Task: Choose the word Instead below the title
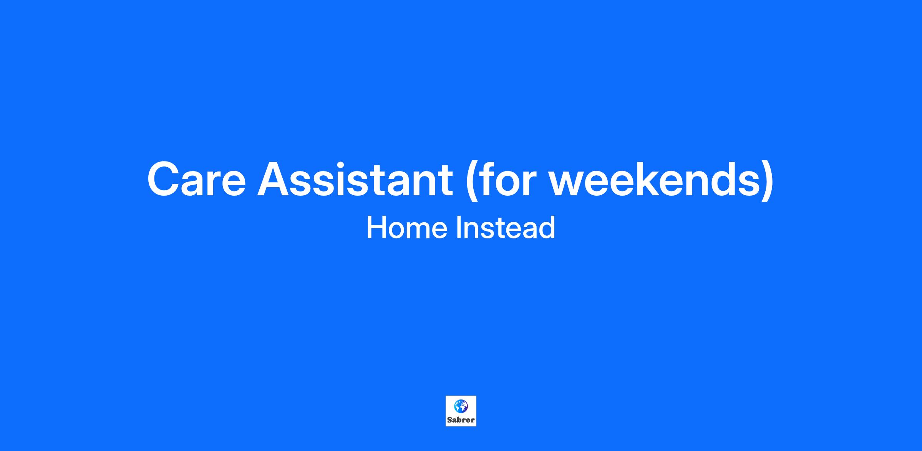[506, 227]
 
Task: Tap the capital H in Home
[376, 228]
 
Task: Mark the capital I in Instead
[458, 228]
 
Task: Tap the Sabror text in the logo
[461, 420]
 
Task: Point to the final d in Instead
[548, 227]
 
